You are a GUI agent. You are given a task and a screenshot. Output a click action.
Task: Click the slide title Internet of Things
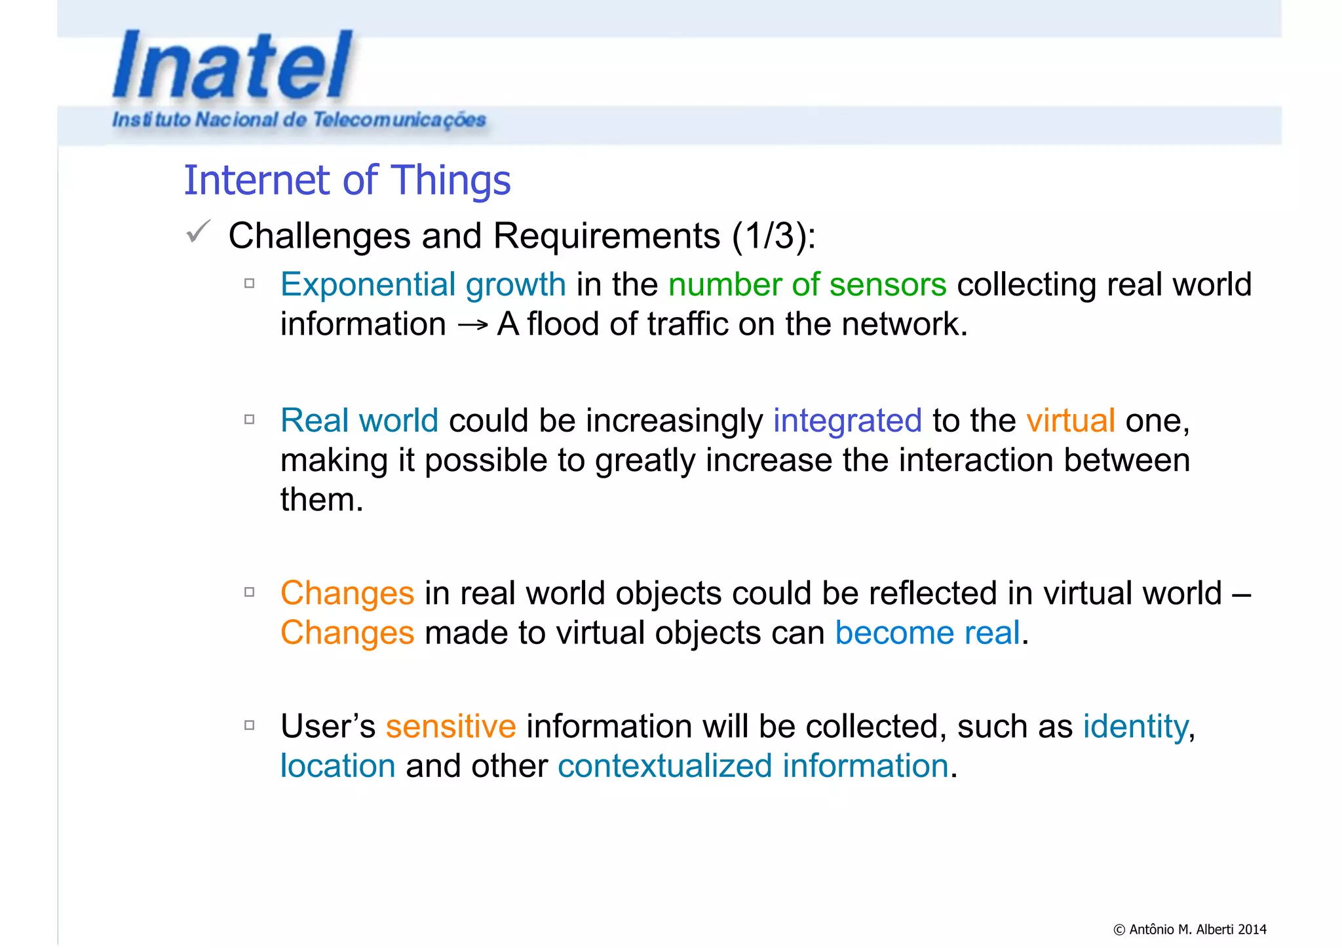(x=347, y=180)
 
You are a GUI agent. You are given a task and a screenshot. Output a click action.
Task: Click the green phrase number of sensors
(x=807, y=285)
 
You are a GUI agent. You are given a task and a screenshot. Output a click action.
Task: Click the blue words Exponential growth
(x=423, y=285)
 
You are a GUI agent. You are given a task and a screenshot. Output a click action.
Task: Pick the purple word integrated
(x=847, y=421)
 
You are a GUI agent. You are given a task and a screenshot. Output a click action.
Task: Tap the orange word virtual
(x=1070, y=421)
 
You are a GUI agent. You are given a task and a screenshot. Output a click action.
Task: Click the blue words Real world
(x=359, y=421)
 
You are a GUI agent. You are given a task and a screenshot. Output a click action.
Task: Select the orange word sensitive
(x=450, y=727)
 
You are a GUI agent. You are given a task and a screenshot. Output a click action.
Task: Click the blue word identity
(x=1136, y=727)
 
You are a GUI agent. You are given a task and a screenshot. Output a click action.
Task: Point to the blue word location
(x=337, y=766)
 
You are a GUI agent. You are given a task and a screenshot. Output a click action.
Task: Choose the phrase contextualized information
(x=753, y=766)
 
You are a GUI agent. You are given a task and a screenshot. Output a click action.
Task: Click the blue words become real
(x=927, y=633)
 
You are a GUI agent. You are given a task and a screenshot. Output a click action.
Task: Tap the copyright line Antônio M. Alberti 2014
(x=1189, y=929)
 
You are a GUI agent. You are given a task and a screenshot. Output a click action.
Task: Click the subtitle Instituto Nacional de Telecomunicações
(x=299, y=120)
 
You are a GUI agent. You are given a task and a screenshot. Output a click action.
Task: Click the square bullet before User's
(x=249, y=725)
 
